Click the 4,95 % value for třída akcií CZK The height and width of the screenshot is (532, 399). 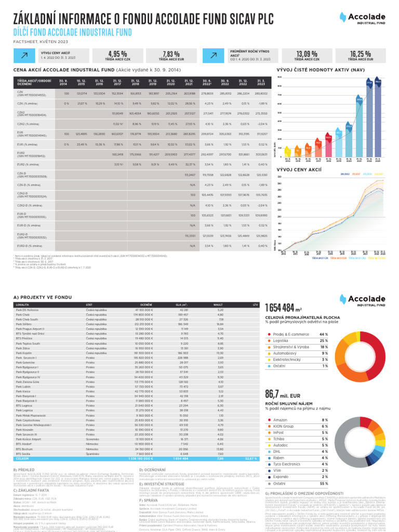point(117,54)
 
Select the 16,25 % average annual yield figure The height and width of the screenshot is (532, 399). point(360,54)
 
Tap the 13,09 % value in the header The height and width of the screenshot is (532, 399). point(307,54)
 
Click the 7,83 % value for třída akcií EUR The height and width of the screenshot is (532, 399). point(171,54)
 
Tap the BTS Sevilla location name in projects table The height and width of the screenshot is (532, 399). point(24,453)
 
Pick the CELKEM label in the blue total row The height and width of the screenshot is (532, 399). point(23,459)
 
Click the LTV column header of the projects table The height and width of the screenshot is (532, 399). point(255,304)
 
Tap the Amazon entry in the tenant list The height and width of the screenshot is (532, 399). point(281,419)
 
